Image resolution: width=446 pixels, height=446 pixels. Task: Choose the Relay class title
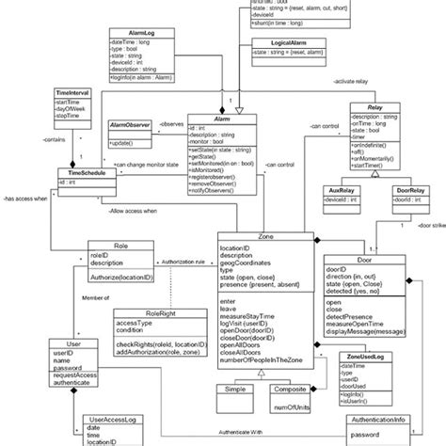coord(376,109)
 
